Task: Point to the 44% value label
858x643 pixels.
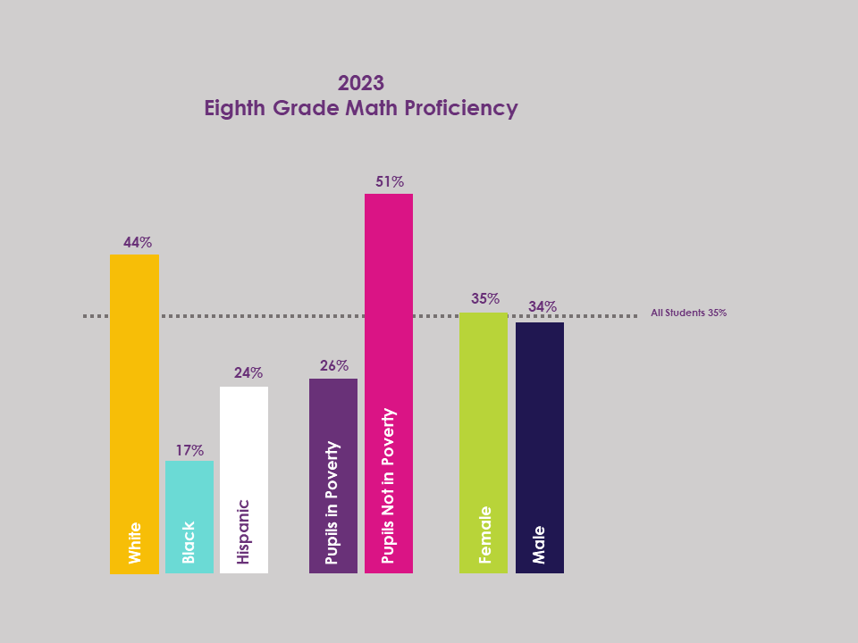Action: tap(138, 242)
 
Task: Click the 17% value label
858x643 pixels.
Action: tap(189, 450)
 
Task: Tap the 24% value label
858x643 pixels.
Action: tap(248, 372)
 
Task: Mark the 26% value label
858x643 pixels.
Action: tap(334, 365)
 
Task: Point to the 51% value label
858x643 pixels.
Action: tap(390, 181)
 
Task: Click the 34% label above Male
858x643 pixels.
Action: tap(543, 306)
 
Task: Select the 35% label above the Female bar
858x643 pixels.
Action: tap(485, 298)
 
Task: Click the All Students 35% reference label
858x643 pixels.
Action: tap(688, 313)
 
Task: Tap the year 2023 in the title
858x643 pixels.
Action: tap(361, 83)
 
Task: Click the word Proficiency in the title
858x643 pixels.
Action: tap(461, 109)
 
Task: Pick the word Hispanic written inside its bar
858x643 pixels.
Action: tap(244, 531)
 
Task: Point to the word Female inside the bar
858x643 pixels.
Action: tap(485, 535)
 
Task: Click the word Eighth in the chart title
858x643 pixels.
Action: tap(236, 109)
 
